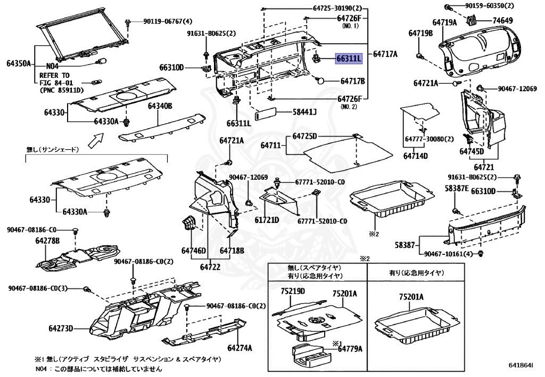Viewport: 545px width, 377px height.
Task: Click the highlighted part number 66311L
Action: (x=349, y=59)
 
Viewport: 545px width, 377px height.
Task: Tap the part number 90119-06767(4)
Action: (x=167, y=22)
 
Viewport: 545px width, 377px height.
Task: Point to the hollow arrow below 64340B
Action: (x=96, y=140)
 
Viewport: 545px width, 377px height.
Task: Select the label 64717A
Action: (x=385, y=54)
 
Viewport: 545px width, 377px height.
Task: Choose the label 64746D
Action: (x=194, y=250)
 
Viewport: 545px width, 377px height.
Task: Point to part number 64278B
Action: (x=47, y=242)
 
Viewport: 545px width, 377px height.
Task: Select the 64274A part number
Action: (x=239, y=348)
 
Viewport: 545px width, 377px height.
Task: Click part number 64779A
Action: (x=350, y=349)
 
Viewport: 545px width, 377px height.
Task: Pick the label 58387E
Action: (x=457, y=188)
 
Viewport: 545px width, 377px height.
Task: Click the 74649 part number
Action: (x=502, y=20)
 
